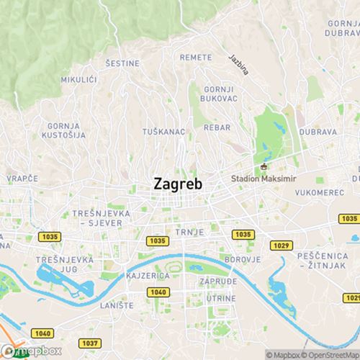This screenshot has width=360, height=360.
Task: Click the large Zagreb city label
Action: [x=178, y=184]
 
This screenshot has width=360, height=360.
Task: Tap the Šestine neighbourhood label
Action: [x=122, y=63]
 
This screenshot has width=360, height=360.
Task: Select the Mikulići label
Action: [x=78, y=78]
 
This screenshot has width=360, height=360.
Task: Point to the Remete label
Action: [x=196, y=57]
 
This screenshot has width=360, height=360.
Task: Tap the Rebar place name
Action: [x=217, y=127]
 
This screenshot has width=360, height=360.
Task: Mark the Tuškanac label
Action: [x=164, y=132]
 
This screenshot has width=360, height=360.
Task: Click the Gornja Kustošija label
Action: [x=62, y=130]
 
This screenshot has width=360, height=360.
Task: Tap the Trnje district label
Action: [x=192, y=232]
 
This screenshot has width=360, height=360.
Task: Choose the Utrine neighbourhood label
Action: [x=220, y=297]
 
